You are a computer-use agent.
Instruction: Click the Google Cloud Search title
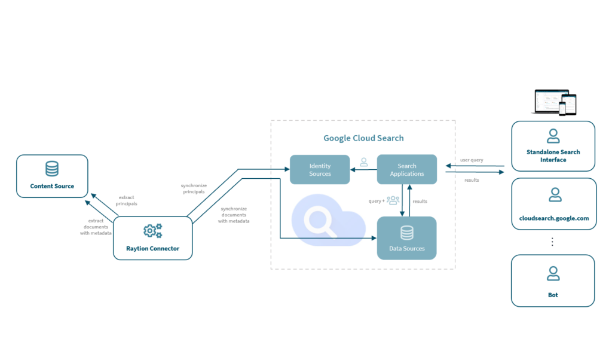pyautogui.click(x=363, y=138)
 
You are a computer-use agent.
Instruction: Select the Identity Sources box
pyautogui.click(x=320, y=170)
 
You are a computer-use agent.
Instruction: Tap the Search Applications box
pyautogui.click(x=406, y=170)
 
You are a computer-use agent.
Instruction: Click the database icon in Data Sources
pyautogui.click(x=406, y=233)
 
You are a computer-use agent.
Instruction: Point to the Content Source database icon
pyautogui.click(x=52, y=169)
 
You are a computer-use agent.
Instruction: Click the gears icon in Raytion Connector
pyautogui.click(x=152, y=231)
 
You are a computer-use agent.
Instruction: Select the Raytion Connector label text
pyautogui.click(x=152, y=248)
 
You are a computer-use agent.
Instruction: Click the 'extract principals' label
pyautogui.click(x=126, y=200)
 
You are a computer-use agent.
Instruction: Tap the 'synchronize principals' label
pyautogui.click(x=194, y=188)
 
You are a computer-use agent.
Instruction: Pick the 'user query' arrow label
pyautogui.click(x=472, y=160)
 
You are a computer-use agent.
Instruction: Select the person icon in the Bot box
pyautogui.click(x=553, y=274)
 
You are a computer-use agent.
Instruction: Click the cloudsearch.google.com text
pyautogui.click(x=553, y=218)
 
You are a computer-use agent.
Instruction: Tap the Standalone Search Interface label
pyautogui.click(x=553, y=156)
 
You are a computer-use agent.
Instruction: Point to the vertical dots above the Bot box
pyautogui.click(x=553, y=242)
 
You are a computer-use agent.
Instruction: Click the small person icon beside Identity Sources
pyautogui.click(x=363, y=162)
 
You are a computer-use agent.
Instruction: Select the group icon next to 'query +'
pyautogui.click(x=393, y=200)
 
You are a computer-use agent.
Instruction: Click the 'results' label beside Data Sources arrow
pyautogui.click(x=420, y=202)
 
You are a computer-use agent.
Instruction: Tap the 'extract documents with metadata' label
pyautogui.click(x=96, y=227)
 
